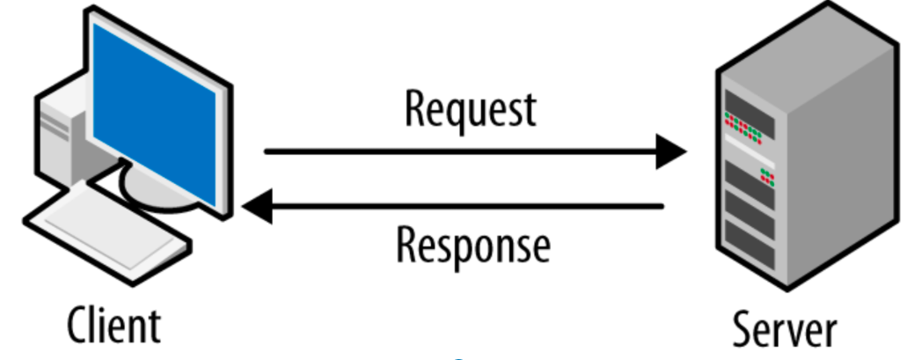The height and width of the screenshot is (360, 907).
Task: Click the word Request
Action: pyautogui.click(x=471, y=110)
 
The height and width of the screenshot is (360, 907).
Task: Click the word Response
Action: pyautogui.click(x=472, y=246)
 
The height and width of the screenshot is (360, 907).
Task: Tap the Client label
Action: pyautogui.click(x=114, y=324)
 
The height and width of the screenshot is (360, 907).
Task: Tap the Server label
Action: pyautogui.click(x=785, y=328)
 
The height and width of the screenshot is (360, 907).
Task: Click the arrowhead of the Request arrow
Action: pyautogui.click(x=671, y=151)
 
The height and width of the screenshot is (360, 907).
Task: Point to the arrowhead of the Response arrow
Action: pyautogui.click(x=258, y=206)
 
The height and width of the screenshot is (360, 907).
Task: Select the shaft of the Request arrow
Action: pyautogui.click(x=460, y=151)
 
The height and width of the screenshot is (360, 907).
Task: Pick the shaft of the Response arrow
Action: pyautogui.click(x=467, y=206)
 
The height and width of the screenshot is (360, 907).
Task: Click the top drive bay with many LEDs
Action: pyautogui.click(x=750, y=116)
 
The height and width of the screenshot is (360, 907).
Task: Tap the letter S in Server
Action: pyautogui.click(x=742, y=328)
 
